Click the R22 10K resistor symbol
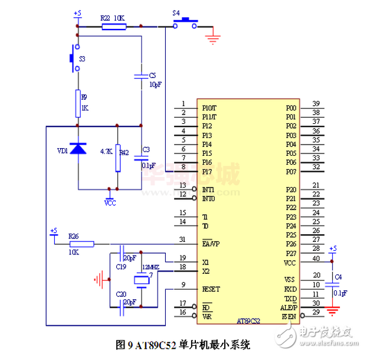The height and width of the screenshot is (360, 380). coord(113,27)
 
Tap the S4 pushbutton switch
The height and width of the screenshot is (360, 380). coord(185,23)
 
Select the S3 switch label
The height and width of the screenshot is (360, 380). coord(82,59)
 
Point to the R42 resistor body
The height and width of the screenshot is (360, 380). coord(117,158)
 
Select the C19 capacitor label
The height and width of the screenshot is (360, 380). coord(121,267)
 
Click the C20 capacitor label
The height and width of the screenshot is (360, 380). coord(121,293)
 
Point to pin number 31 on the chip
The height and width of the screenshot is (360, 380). coord(183,239)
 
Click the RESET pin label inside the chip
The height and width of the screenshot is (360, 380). coord(211,289)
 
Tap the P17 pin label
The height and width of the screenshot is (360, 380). coord(207,171)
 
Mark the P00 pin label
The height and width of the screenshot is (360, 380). coord(291,108)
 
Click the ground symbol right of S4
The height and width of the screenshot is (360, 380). coord(214,40)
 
